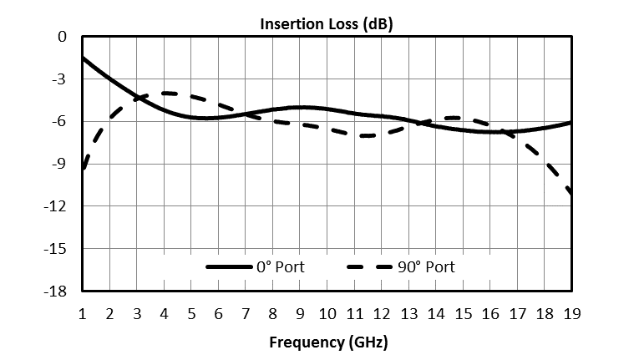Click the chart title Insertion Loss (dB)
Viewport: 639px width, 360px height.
pyautogui.click(x=327, y=23)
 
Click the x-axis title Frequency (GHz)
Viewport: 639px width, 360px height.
pyautogui.click(x=327, y=342)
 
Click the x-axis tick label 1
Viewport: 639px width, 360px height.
pyautogui.click(x=83, y=313)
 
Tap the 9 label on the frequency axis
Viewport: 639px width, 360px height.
pyautogui.click(x=300, y=313)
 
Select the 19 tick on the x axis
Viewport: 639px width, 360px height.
pyautogui.click(x=571, y=313)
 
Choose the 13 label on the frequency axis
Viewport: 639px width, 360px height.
pyautogui.click(x=408, y=313)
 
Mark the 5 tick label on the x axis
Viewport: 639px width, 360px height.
pyautogui.click(x=191, y=313)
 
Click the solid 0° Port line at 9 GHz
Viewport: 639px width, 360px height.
pyautogui.click(x=300, y=107)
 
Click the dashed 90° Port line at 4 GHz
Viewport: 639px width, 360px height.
pyautogui.click(x=165, y=93)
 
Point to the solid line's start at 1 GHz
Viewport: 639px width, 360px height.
pyautogui.click(x=84, y=58)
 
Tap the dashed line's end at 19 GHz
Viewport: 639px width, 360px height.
pyautogui.click(x=571, y=195)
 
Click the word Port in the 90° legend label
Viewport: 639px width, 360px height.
pyautogui.click(x=439, y=267)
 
